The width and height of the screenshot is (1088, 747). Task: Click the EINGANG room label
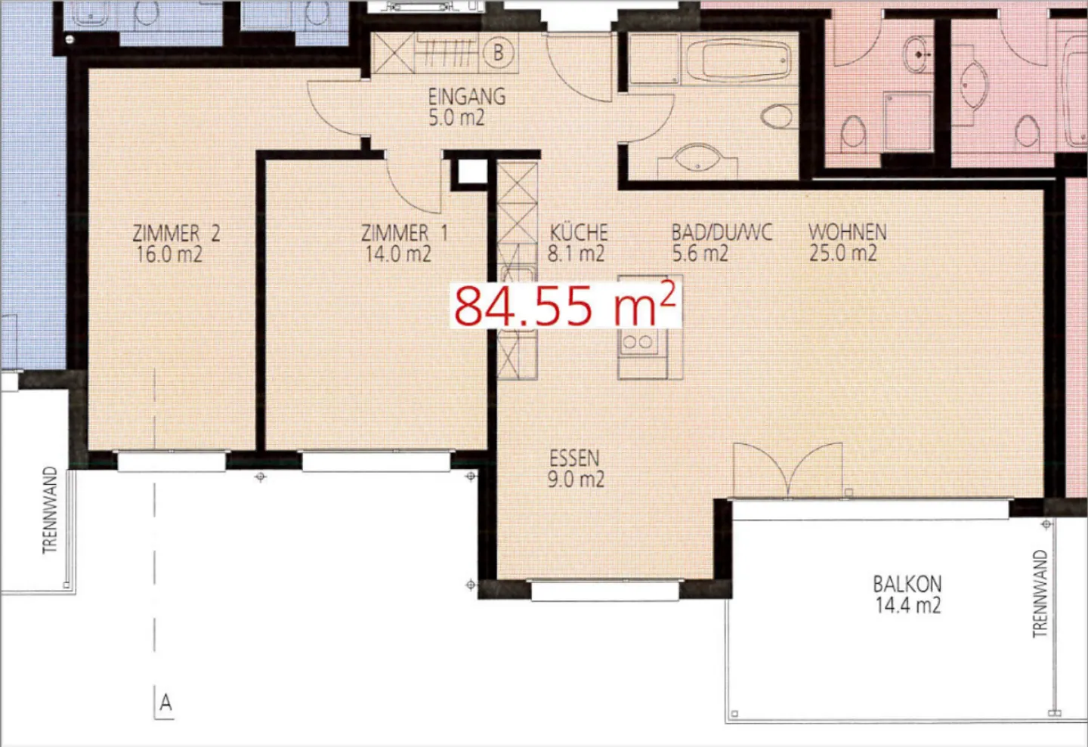pos(466,97)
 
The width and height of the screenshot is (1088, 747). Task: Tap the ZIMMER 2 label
pos(176,233)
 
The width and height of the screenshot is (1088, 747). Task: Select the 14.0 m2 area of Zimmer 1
pos(398,255)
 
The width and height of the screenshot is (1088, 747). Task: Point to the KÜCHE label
pos(579,232)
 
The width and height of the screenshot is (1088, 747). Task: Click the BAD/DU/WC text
pos(722,232)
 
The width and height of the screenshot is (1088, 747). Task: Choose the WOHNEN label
pos(847,232)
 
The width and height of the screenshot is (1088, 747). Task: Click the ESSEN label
pos(574,458)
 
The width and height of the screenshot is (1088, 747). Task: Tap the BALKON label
pos(907,584)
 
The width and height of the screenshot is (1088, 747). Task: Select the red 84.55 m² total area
pos(564,305)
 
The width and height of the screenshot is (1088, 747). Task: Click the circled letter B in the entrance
pos(498,53)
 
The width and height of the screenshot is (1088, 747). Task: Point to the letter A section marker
pos(165,703)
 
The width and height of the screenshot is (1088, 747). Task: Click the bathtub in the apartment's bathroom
pos(737,60)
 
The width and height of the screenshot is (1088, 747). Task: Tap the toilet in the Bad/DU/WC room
pos(777,117)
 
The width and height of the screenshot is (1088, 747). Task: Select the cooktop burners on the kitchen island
pos(637,342)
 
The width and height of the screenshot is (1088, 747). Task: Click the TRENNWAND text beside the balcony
pos(1040,594)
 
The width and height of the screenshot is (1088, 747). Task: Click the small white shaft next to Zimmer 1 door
pos(472,172)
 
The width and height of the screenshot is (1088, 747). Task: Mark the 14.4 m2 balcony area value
pos(907,605)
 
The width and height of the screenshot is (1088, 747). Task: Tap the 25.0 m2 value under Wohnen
pos(842,254)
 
